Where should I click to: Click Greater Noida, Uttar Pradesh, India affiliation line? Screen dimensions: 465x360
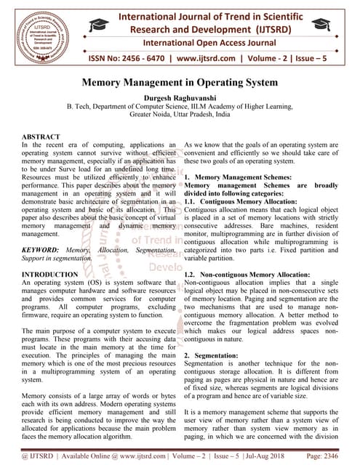coord(180,115)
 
